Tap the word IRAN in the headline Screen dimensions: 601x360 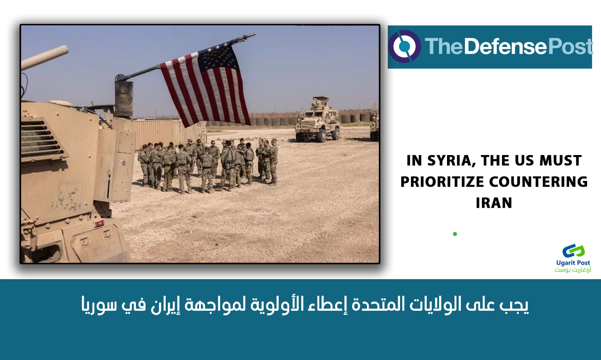pos(494,203)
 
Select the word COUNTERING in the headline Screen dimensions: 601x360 pos(539,182)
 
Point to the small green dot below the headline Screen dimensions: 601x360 pos(455,234)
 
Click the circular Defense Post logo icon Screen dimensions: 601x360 pos(405,47)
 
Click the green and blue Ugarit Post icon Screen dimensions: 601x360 pos(574,251)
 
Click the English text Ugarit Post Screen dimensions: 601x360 pos(573,263)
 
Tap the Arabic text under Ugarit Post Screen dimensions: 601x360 pos(573,270)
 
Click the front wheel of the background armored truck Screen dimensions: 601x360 pos(322,136)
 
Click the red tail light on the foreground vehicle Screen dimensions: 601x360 pos(99,223)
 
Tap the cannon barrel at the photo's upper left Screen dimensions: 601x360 pos(44,58)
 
